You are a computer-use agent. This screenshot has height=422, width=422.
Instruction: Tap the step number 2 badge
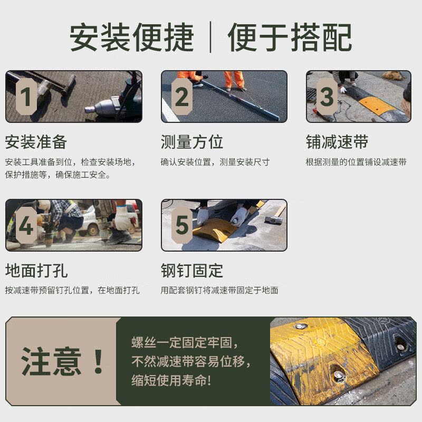click(x=182, y=97)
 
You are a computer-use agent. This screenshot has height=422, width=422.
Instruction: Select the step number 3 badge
click(x=327, y=97)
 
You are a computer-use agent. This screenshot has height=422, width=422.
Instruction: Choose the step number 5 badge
click(x=182, y=226)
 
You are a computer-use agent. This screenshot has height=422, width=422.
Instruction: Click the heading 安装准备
click(x=36, y=142)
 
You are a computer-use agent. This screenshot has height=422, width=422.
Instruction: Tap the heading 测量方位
click(x=192, y=142)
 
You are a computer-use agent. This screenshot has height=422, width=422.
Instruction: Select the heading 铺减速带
click(x=337, y=142)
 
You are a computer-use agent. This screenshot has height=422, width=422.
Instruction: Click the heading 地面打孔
click(x=36, y=271)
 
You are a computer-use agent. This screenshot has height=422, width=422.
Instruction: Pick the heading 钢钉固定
click(x=192, y=271)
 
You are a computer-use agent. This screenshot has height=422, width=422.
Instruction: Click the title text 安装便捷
click(x=132, y=37)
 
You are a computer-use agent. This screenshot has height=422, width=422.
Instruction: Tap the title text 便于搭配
click(x=290, y=37)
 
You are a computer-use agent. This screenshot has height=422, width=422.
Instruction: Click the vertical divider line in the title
click(x=211, y=37)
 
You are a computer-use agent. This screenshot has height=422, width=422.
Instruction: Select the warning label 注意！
click(x=62, y=361)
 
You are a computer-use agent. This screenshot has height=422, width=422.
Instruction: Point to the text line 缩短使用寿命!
click(x=171, y=380)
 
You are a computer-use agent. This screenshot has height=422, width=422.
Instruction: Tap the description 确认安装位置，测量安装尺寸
click(x=215, y=162)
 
